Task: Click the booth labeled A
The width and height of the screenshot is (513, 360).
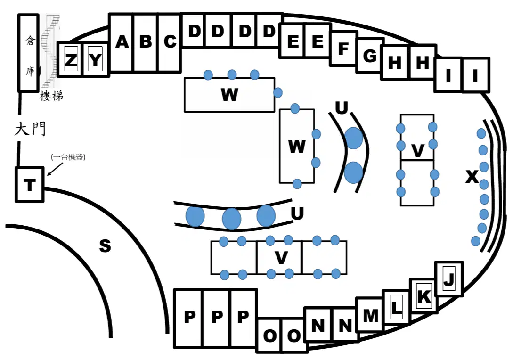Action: pyautogui.click(x=122, y=42)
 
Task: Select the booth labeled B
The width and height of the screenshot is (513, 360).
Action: pyautogui.click(x=146, y=42)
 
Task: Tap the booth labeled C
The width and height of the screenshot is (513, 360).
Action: pyautogui.click(x=170, y=42)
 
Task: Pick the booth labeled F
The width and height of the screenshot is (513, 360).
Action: pyautogui.click(x=343, y=49)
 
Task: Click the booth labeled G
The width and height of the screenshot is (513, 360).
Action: pyautogui.click(x=370, y=55)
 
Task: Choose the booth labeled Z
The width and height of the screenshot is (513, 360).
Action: pyautogui.click(x=71, y=59)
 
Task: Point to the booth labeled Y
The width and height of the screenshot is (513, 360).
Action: pyautogui.click(x=96, y=59)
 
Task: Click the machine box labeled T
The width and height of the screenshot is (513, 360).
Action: pyautogui.click(x=30, y=185)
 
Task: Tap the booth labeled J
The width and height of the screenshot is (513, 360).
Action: pyautogui.click(x=449, y=278)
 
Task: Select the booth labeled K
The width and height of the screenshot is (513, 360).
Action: pyautogui.click(x=423, y=296)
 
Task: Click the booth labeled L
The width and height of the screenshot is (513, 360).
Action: pyautogui.click(x=397, y=307)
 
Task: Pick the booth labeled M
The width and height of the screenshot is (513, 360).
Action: pyautogui.click(x=370, y=314)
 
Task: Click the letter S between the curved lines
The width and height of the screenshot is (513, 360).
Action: pyautogui.click(x=105, y=245)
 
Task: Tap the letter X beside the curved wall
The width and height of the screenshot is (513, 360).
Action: pyautogui.click(x=472, y=177)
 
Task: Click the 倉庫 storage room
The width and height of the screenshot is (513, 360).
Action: pyautogui.click(x=28, y=52)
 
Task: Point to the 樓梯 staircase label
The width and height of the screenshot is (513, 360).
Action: pyautogui.click(x=51, y=96)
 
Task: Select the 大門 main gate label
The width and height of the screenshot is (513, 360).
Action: pyautogui.click(x=30, y=129)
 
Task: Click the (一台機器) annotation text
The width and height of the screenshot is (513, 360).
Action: pyautogui.click(x=68, y=157)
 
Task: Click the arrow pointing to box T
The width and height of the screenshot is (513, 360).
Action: pyautogui.click(x=55, y=169)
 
